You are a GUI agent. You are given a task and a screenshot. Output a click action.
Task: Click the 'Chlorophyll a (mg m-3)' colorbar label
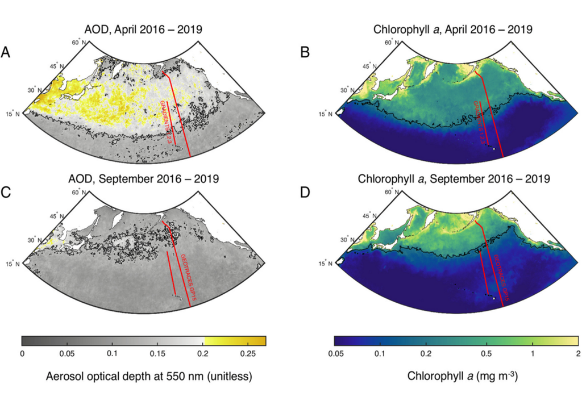(455, 376)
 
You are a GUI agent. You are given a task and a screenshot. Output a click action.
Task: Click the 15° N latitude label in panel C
(14, 263)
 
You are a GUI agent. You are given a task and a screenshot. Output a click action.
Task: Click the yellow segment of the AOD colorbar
(234, 341)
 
